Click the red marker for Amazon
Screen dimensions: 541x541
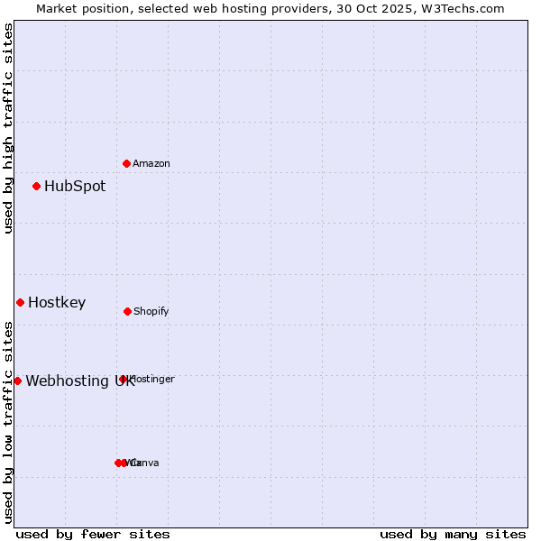click(x=126, y=163)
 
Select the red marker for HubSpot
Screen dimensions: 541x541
click(x=36, y=187)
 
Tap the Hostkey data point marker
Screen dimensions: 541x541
click(x=20, y=302)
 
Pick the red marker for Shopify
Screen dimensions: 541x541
click(x=127, y=311)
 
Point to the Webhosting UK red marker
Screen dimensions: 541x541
click(x=17, y=381)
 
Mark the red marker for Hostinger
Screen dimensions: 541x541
click(x=124, y=379)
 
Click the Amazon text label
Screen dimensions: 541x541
click(x=151, y=164)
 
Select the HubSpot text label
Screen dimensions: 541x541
click(x=75, y=187)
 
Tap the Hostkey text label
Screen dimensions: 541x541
click(x=57, y=303)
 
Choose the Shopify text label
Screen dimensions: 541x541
click(x=151, y=312)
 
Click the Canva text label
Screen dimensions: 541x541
click(x=145, y=463)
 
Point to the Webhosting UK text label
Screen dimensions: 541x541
click(x=79, y=381)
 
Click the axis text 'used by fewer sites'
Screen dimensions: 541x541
click(x=93, y=535)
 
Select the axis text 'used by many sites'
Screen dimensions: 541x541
click(x=453, y=535)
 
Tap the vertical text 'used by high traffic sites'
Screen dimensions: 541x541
click(x=8, y=128)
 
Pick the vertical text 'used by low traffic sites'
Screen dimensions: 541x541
click(x=8, y=422)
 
